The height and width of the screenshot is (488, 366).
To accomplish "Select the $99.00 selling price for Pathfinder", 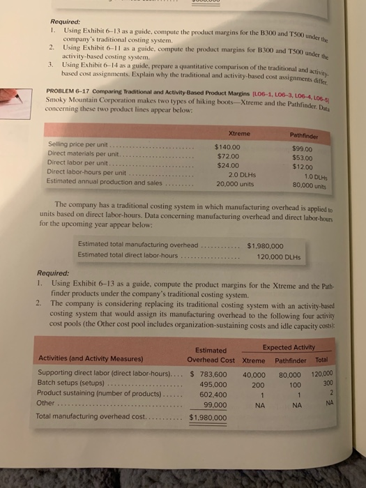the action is click(305, 148).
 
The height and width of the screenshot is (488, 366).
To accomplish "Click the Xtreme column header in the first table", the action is click(238, 132).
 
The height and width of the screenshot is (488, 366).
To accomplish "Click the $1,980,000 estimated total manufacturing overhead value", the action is click(265, 245).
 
